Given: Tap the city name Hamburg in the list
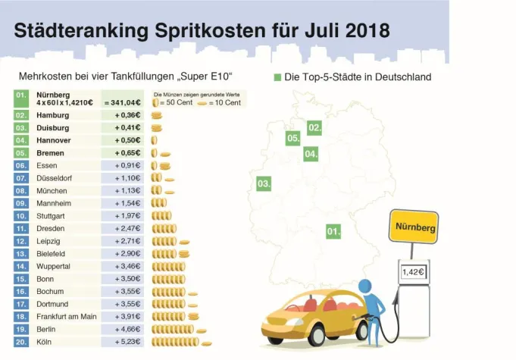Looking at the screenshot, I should tap(53, 115).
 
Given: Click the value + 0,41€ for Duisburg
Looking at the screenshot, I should tap(127, 128).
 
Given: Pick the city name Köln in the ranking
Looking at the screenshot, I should tap(45, 343).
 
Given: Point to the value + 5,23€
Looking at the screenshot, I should tap(127, 343).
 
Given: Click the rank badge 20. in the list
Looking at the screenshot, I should tap(22, 343).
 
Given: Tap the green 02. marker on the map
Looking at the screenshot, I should tap(314, 127).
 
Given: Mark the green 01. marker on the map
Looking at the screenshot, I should tap(333, 231).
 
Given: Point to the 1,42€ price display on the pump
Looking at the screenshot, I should tap(413, 271).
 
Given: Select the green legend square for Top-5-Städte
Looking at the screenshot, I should tap(277, 77).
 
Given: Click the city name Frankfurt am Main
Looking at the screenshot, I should tap(67, 316).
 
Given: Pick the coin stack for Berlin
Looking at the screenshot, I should tap(178, 330).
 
